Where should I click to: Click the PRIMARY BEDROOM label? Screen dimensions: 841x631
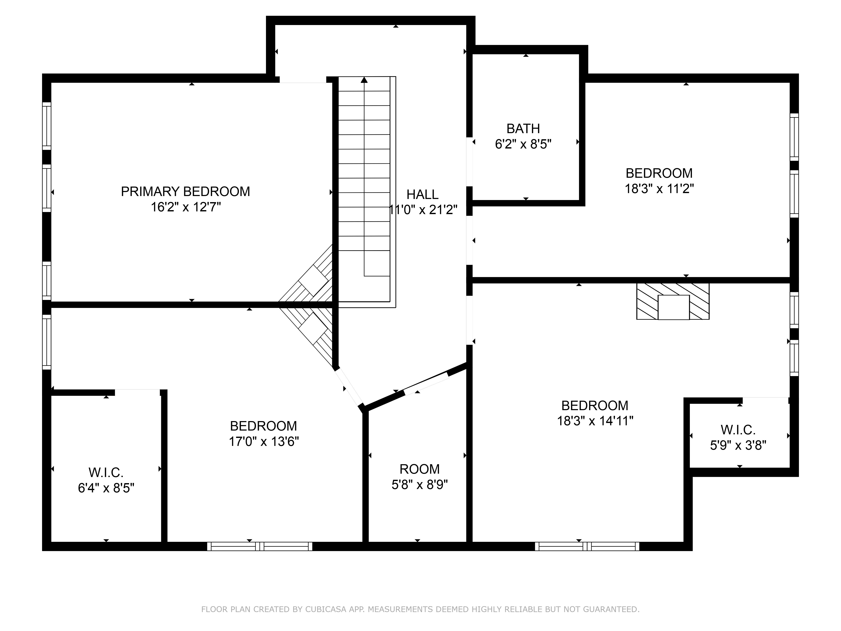pyautogui.click(x=185, y=191)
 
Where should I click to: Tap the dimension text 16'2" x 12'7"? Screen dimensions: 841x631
pyautogui.click(x=186, y=207)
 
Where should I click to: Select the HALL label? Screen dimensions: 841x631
pyautogui.click(x=422, y=194)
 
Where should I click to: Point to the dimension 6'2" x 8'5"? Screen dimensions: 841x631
pyautogui.click(x=523, y=144)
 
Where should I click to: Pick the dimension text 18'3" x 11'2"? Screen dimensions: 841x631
pyautogui.click(x=659, y=189)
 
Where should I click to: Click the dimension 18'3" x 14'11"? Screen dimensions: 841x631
pyautogui.click(x=595, y=421)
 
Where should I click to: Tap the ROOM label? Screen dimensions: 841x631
pyautogui.click(x=419, y=469)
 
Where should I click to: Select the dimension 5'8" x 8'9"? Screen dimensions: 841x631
pyautogui.click(x=420, y=485)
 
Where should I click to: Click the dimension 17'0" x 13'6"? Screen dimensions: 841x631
pyautogui.click(x=263, y=441)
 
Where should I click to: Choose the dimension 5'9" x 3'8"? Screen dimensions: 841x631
pyautogui.click(x=738, y=445)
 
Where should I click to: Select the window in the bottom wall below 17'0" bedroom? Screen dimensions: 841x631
pyautogui.click(x=260, y=546)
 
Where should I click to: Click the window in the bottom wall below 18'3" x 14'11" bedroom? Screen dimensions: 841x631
pyautogui.click(x=587, y=546)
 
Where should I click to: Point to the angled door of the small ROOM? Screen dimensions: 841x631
pyautogui.click(x=426, y=383)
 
